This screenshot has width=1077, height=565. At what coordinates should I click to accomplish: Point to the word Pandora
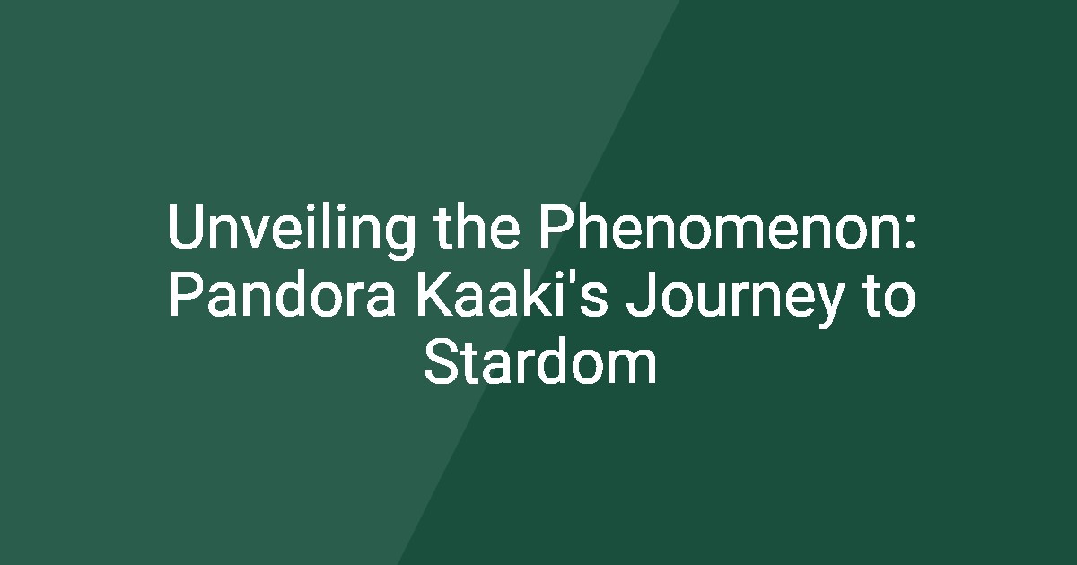pyautogui.click(x=282, y=293)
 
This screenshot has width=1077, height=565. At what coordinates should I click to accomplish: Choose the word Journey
pyautogui.click(x=735, y=299)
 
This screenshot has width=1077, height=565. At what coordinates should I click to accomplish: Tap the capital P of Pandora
pyautogui.click(x=187, y=295)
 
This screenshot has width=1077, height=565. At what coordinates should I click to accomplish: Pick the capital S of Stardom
pyautogui.click(x=442, y=362)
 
